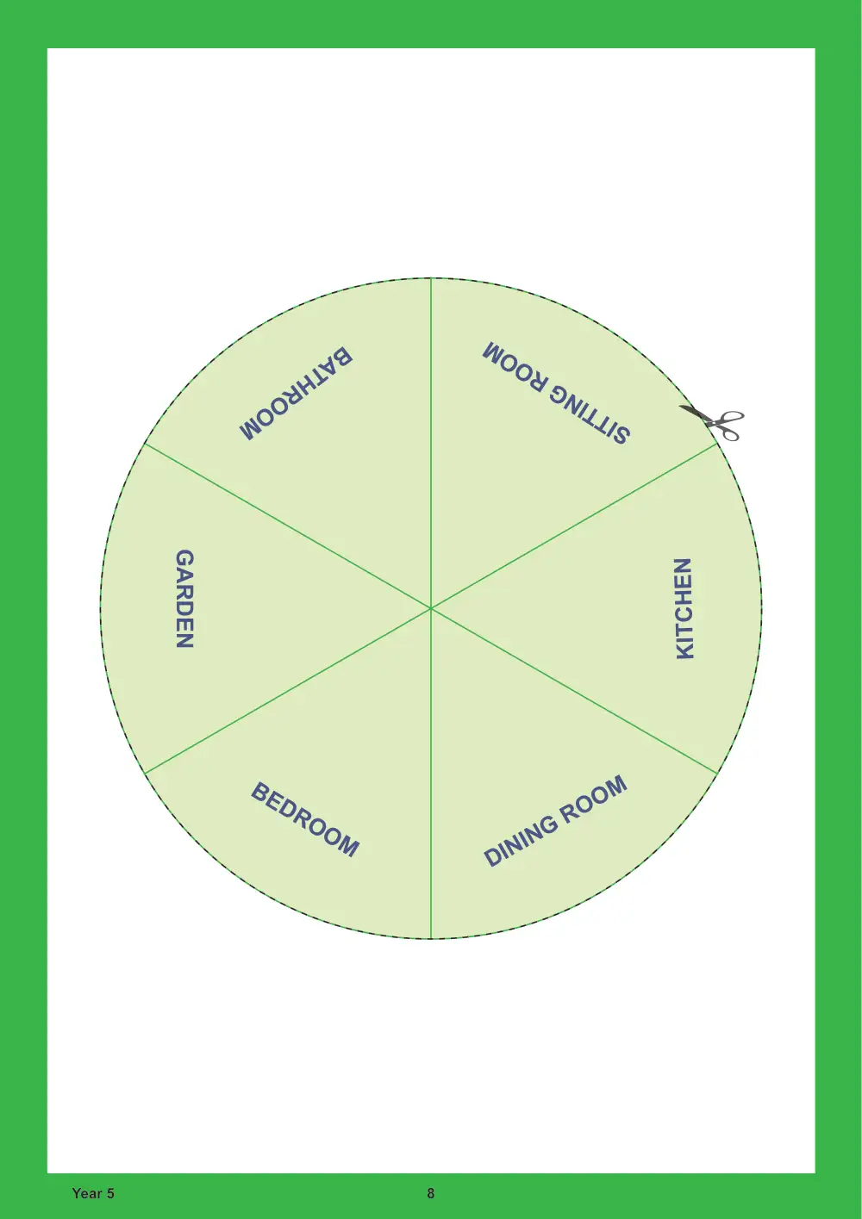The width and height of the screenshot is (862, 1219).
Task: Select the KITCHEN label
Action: (x=684, y=608)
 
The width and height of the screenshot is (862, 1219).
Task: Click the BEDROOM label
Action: (x=305, y=819)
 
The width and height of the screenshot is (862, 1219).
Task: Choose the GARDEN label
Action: (x=184, y=598)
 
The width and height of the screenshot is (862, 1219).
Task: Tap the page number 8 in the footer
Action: (x=431, y=1193)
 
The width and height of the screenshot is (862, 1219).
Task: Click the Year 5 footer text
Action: (x=93, y=1193)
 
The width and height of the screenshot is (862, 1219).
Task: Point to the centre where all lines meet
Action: (x=431, y=608)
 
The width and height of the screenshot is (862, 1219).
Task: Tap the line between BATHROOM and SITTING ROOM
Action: (x=431, y=443)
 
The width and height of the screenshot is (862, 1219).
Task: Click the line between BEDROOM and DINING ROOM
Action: (x=431, y=774)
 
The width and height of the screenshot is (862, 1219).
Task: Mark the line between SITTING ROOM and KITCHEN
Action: (x=574, y=526)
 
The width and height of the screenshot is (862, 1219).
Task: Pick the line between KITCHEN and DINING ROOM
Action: (x=574, y=691)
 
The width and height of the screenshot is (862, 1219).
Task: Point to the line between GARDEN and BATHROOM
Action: (x=288, y=526)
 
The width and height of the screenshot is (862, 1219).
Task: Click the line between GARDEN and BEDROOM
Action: (x=288, y=691)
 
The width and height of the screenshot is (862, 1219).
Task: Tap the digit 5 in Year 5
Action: (x=110, y=1193)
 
